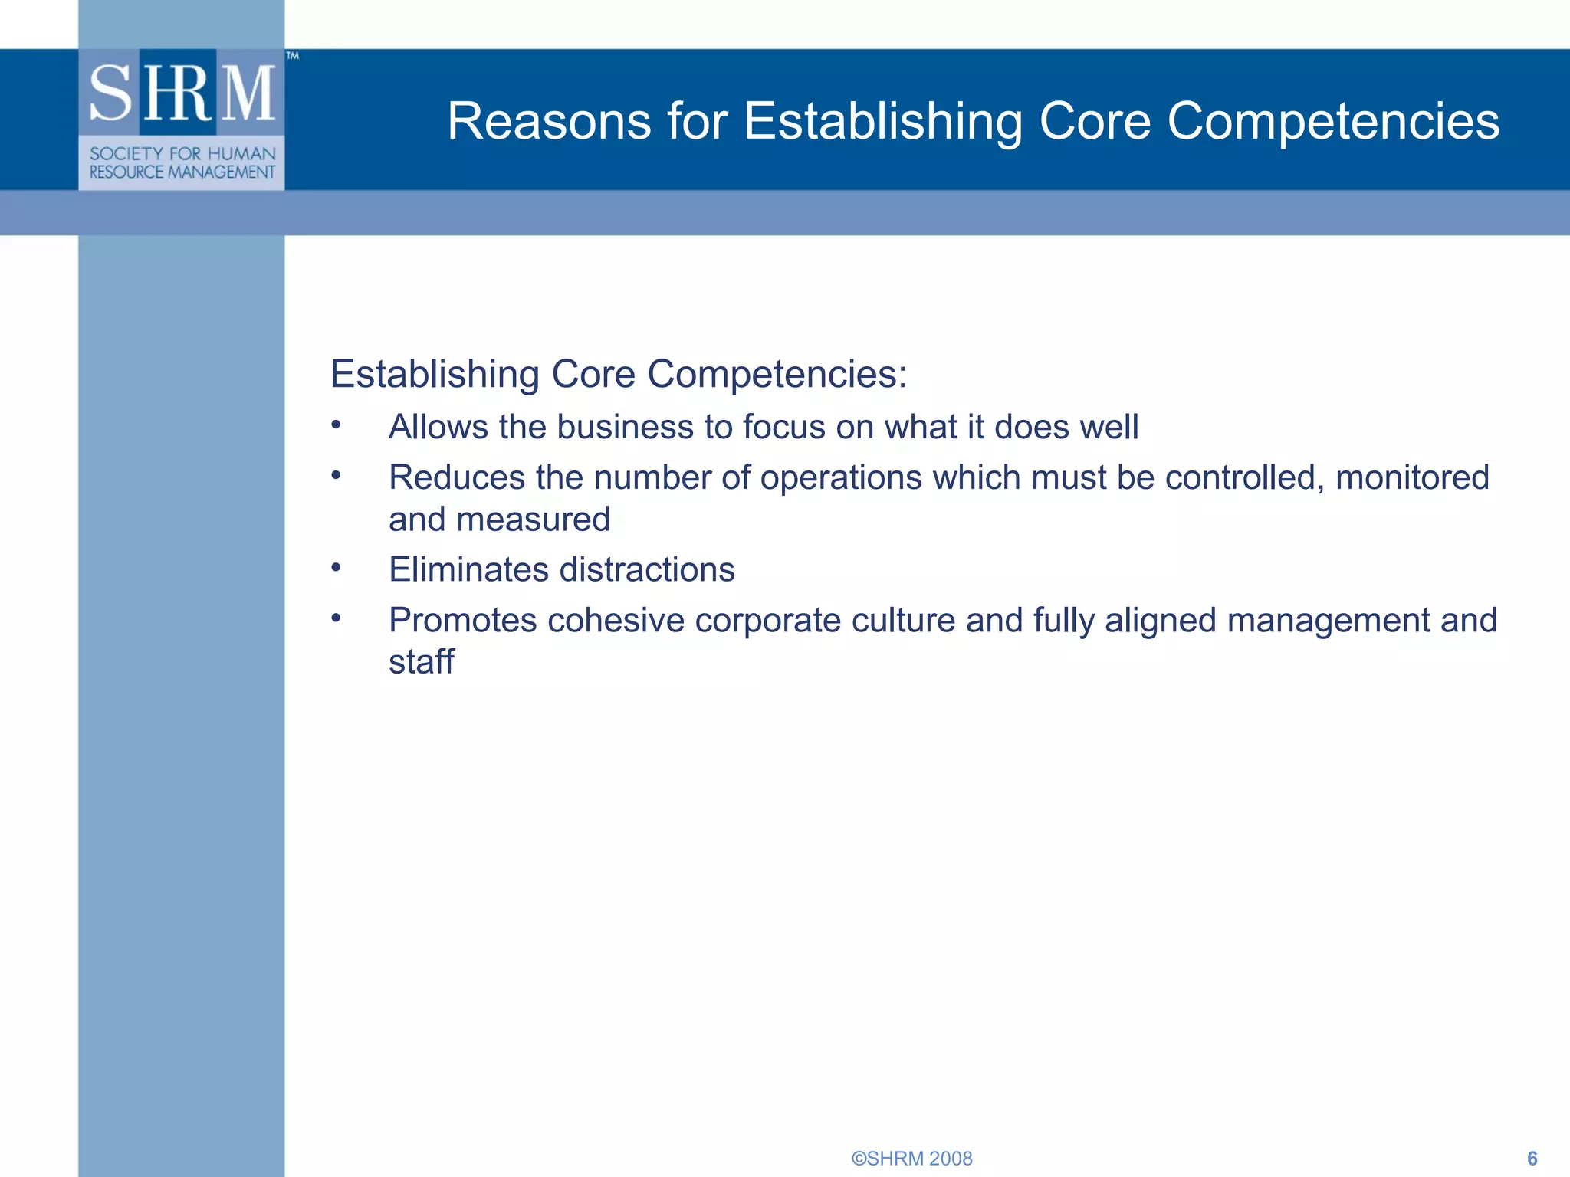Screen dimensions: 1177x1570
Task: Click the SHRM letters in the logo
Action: point(182,93)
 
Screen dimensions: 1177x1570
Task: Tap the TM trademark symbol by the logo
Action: point(292,55)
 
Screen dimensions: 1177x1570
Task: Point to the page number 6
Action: point(1532,1158)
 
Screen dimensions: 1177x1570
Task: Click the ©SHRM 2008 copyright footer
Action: point(911,1158)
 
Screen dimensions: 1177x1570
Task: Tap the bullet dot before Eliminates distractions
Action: point(336,568)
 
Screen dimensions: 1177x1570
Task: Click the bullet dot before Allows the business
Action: point(336,425)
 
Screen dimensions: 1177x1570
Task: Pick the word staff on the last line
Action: point(421,661)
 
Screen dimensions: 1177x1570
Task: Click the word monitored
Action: point(1412,477)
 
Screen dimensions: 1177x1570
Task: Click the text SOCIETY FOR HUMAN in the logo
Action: point(182,153)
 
